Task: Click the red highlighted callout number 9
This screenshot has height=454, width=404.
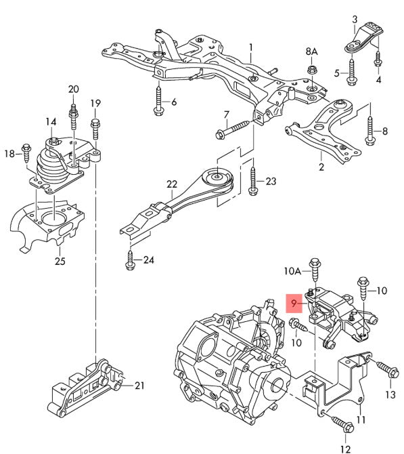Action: [x=294, y=304]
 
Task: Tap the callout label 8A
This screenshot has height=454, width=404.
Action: [x=311, y=51]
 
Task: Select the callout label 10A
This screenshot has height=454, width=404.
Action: [x=292, y=271]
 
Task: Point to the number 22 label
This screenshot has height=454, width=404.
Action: [x=172, y=184]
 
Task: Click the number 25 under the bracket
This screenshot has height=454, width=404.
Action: [x=60, y=261]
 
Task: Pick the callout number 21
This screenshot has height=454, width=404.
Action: [x=139, y=386]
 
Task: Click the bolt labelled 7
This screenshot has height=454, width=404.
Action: [x=233, y=129]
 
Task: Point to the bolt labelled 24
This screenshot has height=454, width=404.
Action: [x=130, y=260]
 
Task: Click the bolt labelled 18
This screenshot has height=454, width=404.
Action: [x=26, y=153]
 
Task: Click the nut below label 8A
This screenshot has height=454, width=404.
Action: [x=312, y=70]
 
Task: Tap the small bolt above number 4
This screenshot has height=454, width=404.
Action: [x=378, y=59]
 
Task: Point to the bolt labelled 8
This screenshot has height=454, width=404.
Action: [x=370, y=131]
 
